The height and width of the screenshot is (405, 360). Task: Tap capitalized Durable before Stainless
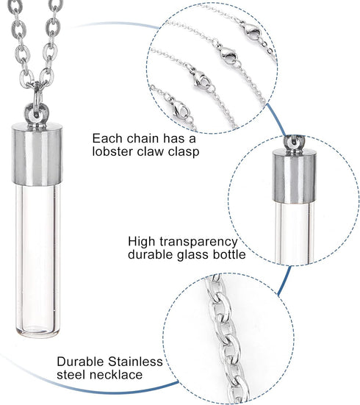coord(82,362)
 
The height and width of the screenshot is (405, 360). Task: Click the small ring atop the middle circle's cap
coord(292,140)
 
